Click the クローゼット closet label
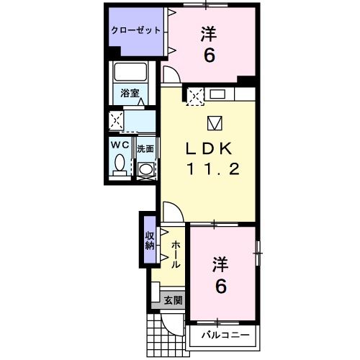pos(135,31)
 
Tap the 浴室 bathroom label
pos(130,93)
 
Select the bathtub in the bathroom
pos(130,73)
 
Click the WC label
pos(120,144)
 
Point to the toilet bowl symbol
pos(120,163)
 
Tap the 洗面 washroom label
pos(145,149)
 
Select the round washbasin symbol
pos(146,169)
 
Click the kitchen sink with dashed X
pos(196,94)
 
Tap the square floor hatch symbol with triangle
pos(215,122)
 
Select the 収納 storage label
pos(150,240)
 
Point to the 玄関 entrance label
pos(173,300)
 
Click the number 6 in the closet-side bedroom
pos(209,55)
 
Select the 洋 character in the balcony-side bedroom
pos(220,263)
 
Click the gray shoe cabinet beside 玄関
pos(155,295)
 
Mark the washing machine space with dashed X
pos(117,119)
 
